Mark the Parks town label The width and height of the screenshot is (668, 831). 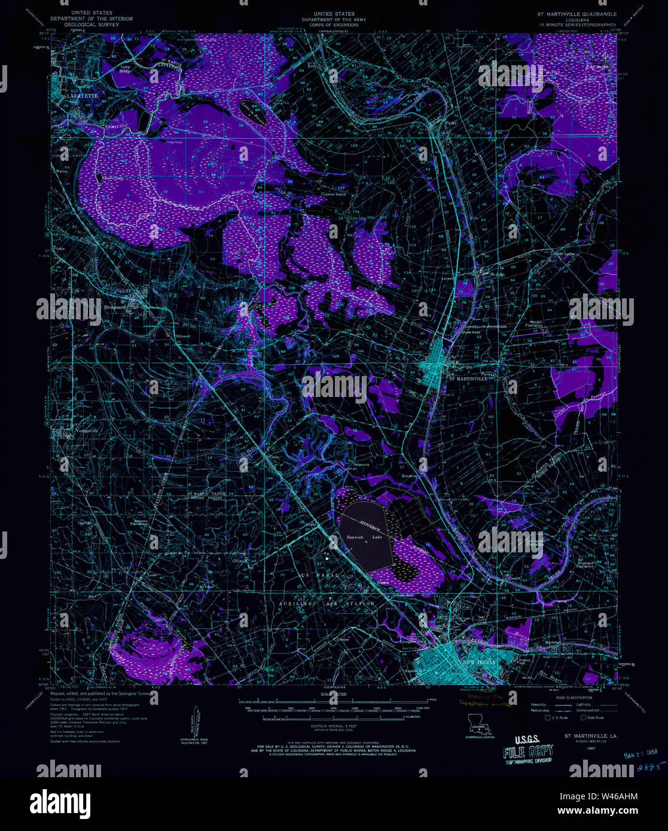(451, 124)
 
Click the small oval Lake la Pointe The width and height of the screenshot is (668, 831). (252, 110)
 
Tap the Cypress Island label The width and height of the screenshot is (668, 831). (333, 194)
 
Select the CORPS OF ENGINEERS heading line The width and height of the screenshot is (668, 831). (335, 25)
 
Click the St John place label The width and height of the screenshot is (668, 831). (498, 274)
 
